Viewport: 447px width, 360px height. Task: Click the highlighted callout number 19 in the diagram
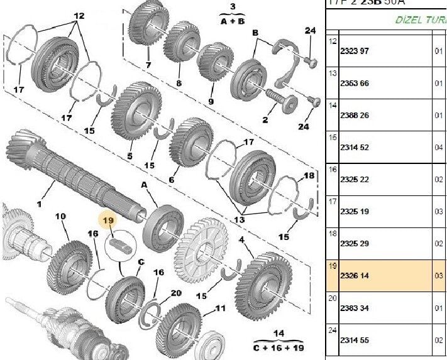tap(108, 221)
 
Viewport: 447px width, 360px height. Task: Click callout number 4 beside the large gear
tap(241, 239)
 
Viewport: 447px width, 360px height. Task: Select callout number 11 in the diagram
tap(220, 308)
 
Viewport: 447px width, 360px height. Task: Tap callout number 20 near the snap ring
tap(175, 293)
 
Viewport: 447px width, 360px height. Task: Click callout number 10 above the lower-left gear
tap(60, 217)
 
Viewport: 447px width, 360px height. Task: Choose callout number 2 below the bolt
tap(265, 119)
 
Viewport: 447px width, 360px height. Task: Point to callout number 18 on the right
tap(308, 175)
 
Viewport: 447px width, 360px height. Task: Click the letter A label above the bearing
tap(144, 185)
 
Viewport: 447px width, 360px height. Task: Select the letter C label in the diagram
tap(141, 262)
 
